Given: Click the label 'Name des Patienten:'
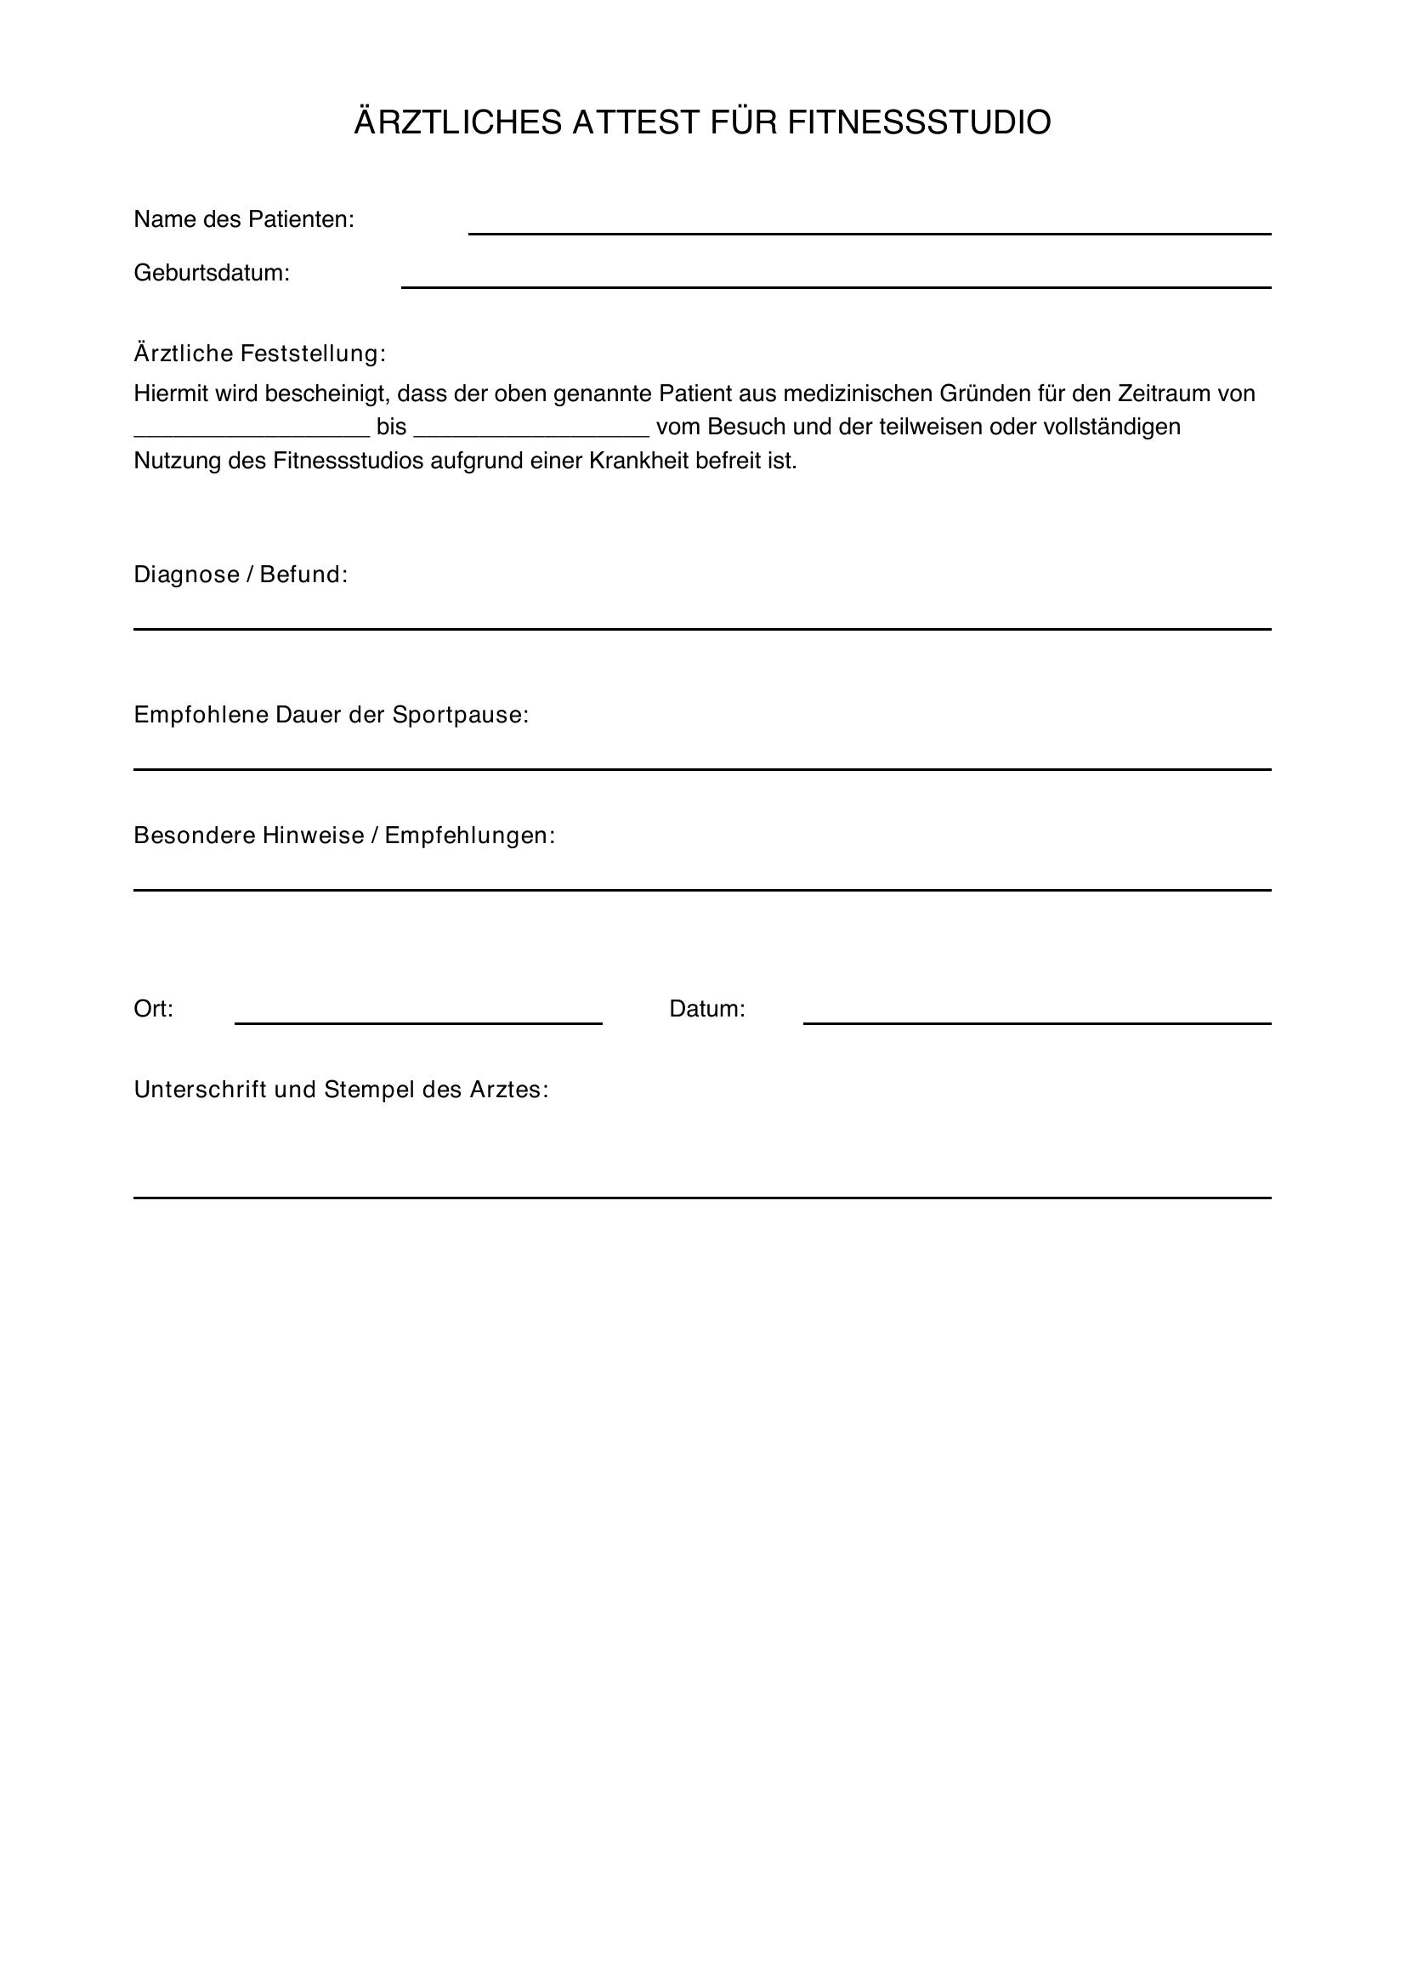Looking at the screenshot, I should click(x=244, y=220).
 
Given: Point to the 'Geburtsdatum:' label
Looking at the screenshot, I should click(x=212, y=274).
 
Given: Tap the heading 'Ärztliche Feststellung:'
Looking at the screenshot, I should click(x=260, y=354).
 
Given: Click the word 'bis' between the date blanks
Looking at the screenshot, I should click(x=391, y=428).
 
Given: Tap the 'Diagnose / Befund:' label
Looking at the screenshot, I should click(x=241, y=575).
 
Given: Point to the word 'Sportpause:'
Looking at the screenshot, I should click(x=461, y=715).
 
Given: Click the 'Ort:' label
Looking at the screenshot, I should click(x=153, y=1010).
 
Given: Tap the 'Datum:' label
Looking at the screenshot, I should click(x=706, y=1010).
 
